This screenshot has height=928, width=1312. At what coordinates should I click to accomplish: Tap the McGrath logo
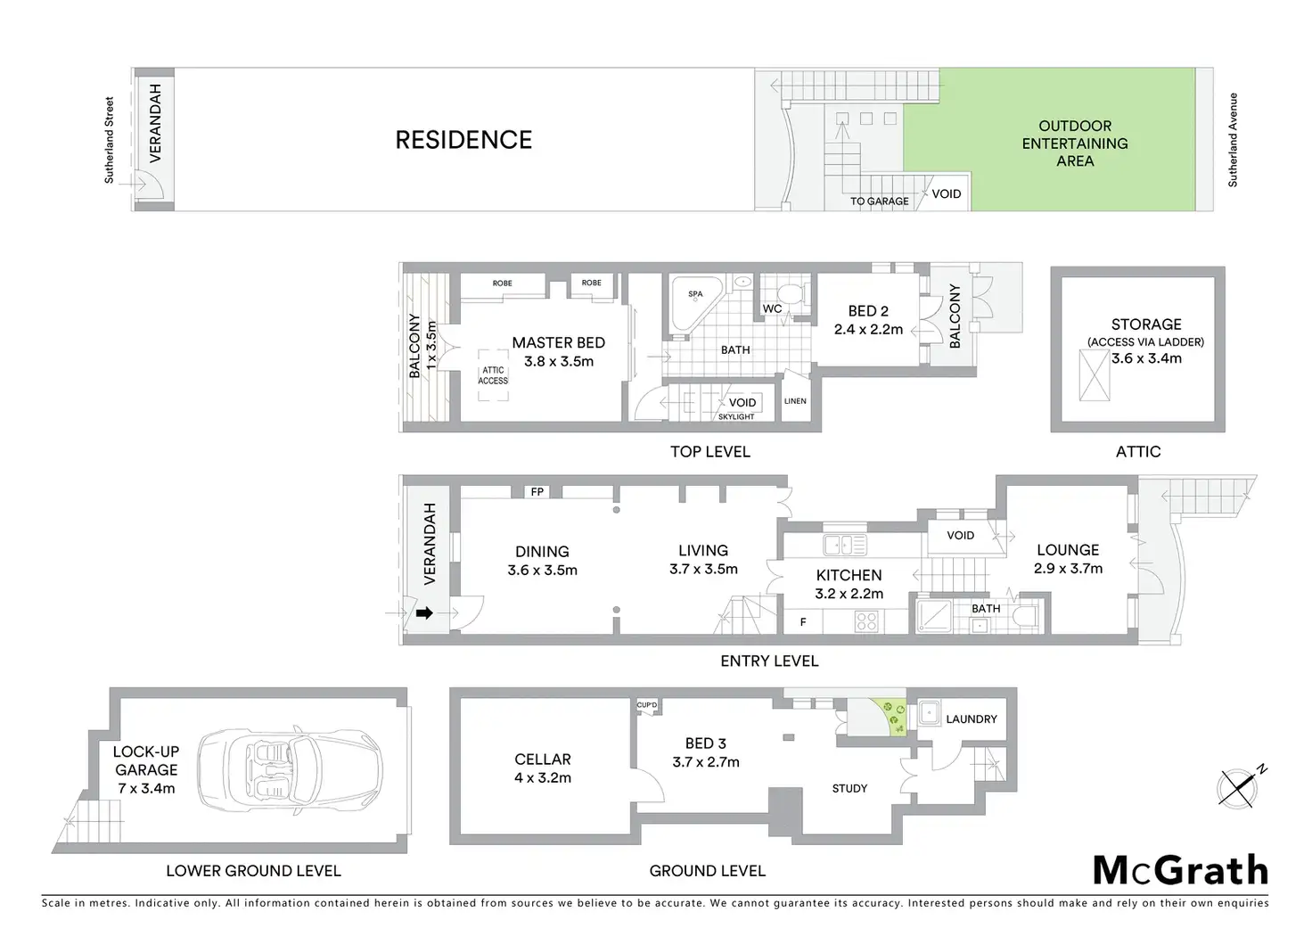tap(1180, 870)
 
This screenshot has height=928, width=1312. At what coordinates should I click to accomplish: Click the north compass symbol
tap(1237, 786)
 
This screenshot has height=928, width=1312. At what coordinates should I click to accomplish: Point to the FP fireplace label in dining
tap(537, 492)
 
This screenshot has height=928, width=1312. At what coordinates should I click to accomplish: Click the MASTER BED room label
tap(558, 343)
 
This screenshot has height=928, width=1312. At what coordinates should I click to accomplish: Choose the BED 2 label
tap(868, 311)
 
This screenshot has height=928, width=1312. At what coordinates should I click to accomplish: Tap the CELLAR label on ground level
tap(542, 760)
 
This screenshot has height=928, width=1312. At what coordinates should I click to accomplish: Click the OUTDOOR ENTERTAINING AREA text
tap(1074, 144)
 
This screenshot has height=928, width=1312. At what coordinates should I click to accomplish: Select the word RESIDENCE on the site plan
tap(463, 140)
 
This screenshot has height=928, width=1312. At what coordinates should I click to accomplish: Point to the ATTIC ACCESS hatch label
tap(493, 375)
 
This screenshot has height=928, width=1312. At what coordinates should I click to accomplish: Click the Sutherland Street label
tap(110, 140)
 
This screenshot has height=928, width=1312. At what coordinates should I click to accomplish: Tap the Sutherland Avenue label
tap(1233, 140)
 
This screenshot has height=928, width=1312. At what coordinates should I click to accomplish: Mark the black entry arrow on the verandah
tap(425, 613)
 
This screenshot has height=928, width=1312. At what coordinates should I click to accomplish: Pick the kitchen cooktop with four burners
tap(866, 620)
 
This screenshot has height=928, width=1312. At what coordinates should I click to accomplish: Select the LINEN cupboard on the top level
tap(795, 401)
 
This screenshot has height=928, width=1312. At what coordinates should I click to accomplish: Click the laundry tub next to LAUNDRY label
tap(929, 712)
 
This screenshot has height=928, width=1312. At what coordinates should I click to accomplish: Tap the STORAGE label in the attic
tap(1146, 324)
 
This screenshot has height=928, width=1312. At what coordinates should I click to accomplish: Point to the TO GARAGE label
tap(879, 201)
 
